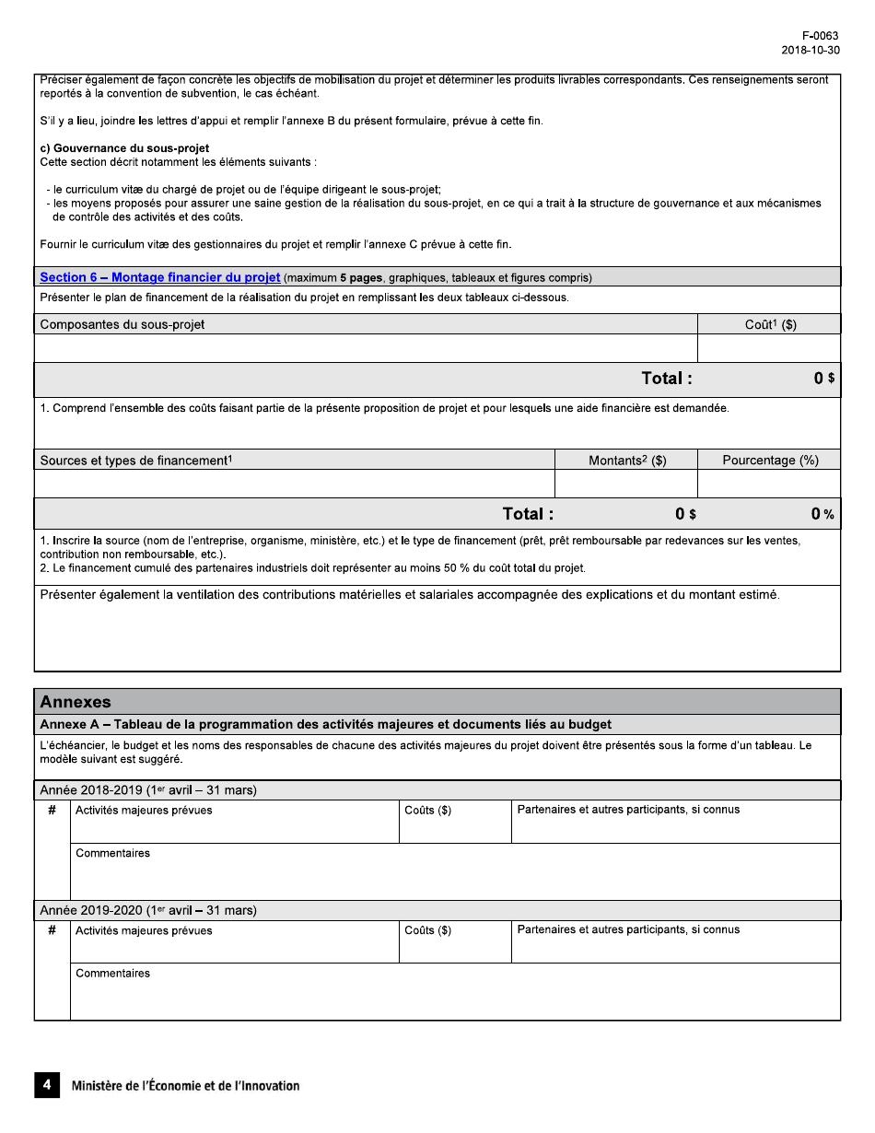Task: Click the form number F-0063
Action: point(821,36)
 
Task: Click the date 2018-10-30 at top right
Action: point(810,51)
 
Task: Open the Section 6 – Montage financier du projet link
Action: point(160,277)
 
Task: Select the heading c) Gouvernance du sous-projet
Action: point(124,148)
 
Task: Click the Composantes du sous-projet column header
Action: point(122,324)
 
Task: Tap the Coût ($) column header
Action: point(770,324)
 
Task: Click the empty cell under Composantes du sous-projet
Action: point(366,348)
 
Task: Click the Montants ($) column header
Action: point(627,461)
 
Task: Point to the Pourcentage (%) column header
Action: point(770,461)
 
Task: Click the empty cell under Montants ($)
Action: point(626,484)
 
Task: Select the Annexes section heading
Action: point(76,702)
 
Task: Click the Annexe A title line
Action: point(325,725)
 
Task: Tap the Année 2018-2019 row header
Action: point(148,790)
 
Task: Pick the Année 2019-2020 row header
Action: point(148,910)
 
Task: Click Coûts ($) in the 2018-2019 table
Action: point(428,811)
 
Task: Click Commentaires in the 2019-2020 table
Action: point(112,974)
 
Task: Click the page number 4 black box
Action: point(47,1085)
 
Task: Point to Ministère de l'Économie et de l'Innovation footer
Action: point(185,1086)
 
